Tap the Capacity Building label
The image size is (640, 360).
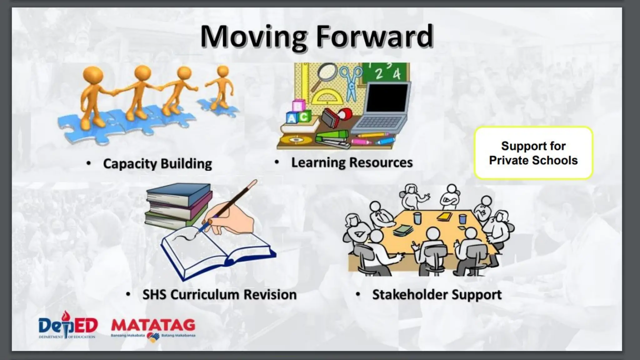(x=157, y=164)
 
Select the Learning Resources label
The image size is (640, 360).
(x=352, y=162)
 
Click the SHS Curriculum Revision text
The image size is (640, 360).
(x=219, y=295)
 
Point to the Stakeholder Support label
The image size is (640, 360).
(x=437, y=295)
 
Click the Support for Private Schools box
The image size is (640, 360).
(x=533, y=153)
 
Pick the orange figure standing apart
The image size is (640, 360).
(x=222, y=87)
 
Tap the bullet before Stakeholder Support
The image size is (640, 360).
(x=358, y=294)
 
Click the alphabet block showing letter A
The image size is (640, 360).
(x=291, y=118)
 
